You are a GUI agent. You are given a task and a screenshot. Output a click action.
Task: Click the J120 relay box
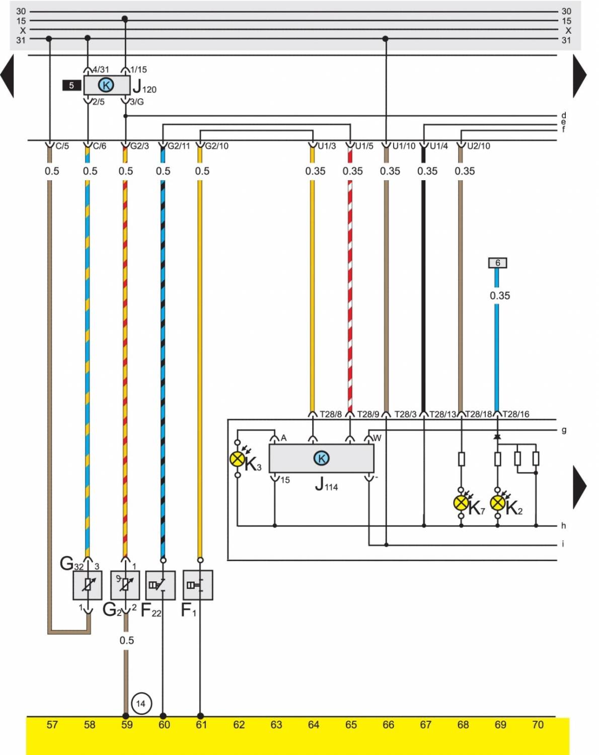106,85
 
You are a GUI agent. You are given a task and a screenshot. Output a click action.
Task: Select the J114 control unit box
321,458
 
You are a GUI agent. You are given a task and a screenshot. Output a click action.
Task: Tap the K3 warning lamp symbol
237,459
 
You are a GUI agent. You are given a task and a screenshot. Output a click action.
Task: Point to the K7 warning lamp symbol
461,502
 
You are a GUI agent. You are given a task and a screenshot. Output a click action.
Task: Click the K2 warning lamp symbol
498,502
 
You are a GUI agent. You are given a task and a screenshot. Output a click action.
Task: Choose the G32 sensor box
88,585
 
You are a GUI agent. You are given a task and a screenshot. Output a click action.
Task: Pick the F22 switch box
161,585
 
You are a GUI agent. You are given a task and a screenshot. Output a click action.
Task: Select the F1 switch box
198,585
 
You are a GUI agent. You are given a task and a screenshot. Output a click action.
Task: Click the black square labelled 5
71,86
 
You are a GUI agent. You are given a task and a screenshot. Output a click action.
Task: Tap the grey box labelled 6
497,263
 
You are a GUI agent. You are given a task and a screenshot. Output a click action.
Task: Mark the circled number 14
140,703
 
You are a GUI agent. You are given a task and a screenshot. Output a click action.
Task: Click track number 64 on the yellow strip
314,725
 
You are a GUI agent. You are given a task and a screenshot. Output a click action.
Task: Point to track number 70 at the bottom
538,725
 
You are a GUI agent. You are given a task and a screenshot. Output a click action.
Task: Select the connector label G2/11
179,146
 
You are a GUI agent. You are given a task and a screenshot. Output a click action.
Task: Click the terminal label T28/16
516,414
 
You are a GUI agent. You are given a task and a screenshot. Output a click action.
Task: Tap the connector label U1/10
404,146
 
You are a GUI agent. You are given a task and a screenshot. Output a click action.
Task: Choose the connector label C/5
62,146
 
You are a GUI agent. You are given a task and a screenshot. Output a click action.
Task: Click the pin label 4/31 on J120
101,69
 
